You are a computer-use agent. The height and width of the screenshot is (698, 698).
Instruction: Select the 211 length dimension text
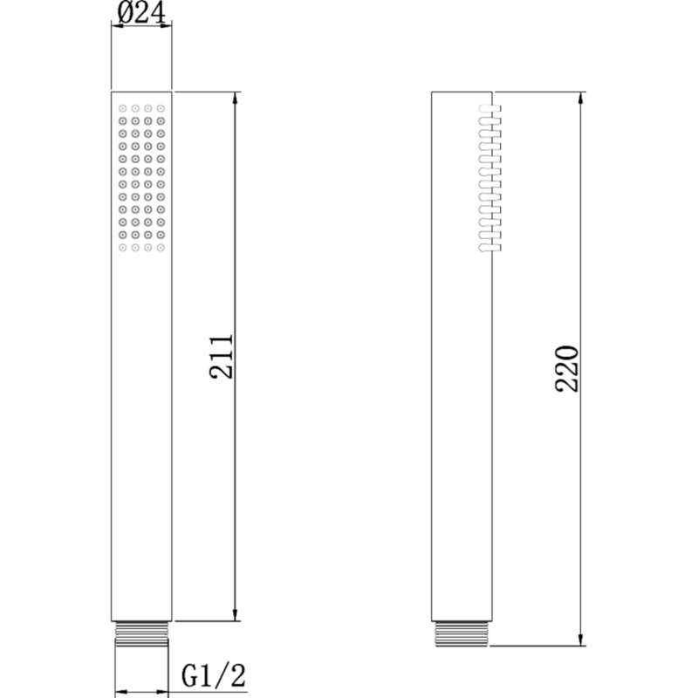(221, 356)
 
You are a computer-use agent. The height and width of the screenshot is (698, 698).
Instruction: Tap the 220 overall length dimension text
(566, 368)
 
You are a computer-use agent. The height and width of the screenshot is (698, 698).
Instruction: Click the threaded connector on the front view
(141, 633)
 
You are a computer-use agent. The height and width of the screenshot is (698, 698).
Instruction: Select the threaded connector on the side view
(462, 633)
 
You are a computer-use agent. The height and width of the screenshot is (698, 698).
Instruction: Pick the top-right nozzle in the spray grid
(161, 109)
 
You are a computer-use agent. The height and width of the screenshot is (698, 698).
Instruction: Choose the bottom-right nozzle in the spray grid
(161, 249)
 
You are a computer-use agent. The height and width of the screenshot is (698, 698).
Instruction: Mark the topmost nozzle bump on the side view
(486, 109)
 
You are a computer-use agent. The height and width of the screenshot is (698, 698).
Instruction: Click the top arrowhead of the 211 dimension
(235, 97)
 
